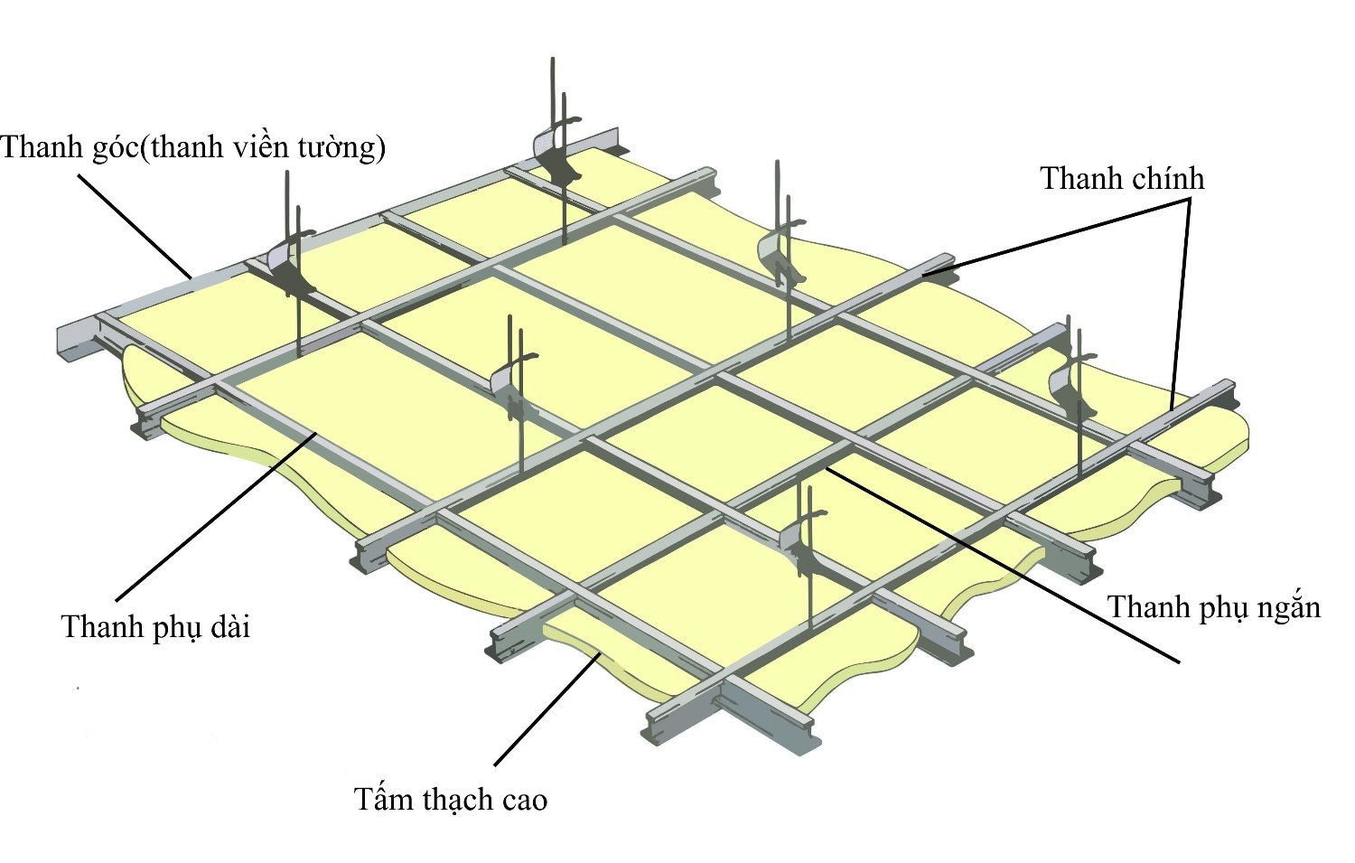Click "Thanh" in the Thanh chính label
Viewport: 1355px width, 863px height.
point(1075,179)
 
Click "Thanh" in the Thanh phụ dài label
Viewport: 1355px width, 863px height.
point(97,626)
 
